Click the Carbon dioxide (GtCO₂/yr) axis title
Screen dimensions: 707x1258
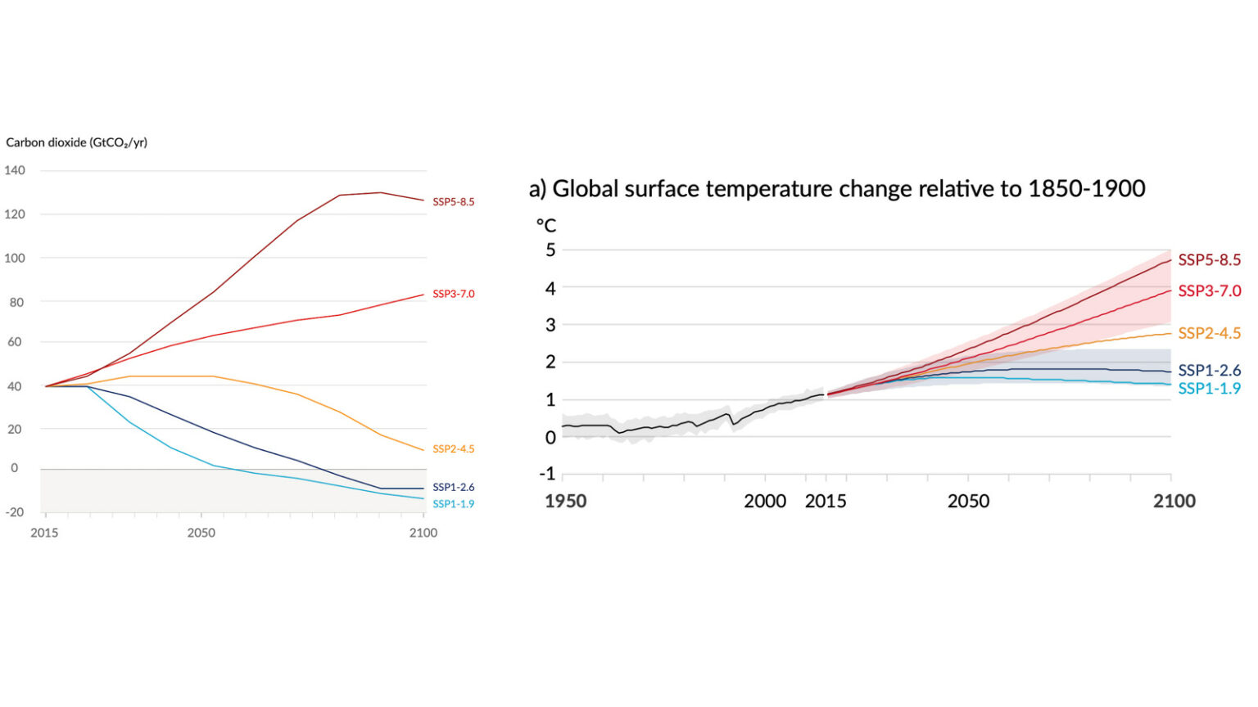pos(76,142)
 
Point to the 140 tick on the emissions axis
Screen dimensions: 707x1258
pos(15,170)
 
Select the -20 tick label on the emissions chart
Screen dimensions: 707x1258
pos(15,512)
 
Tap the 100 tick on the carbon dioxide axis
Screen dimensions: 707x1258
pos(15,258)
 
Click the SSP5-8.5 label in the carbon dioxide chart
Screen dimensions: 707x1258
pos(453,202)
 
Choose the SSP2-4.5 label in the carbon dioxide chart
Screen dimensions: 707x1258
pos(453,449)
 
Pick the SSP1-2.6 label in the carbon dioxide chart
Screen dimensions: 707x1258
pos(453,488)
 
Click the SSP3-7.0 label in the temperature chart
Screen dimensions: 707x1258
pos(1209,291)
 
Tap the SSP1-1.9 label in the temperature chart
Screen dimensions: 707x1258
pos(1209,389)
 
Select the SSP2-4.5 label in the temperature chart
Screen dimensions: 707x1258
pos(1209,333)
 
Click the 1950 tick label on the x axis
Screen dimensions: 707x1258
pos(566,501)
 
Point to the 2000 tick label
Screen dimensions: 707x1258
pos(764,501)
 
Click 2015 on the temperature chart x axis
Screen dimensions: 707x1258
pos(826,501)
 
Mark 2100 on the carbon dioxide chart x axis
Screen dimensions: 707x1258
pos(423,533)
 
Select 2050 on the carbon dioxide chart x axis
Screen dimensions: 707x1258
pos(201,533)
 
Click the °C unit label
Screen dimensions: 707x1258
pos(545,225)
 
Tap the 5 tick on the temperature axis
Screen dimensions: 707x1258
pos(550,250)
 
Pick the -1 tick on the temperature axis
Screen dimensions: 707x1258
pos(547,474)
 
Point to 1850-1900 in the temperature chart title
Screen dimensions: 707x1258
pos(1086,189)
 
